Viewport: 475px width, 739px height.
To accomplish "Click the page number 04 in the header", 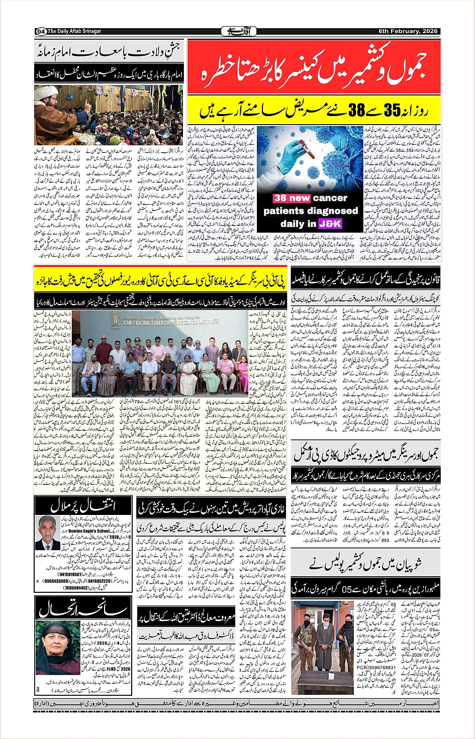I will tap(41, 32).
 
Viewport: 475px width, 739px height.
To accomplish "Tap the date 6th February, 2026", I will tap(408, 31).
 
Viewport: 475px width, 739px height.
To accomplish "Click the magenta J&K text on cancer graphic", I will tap(330, 224).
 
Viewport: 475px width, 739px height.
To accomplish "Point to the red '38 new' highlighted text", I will tap(292, 198).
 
